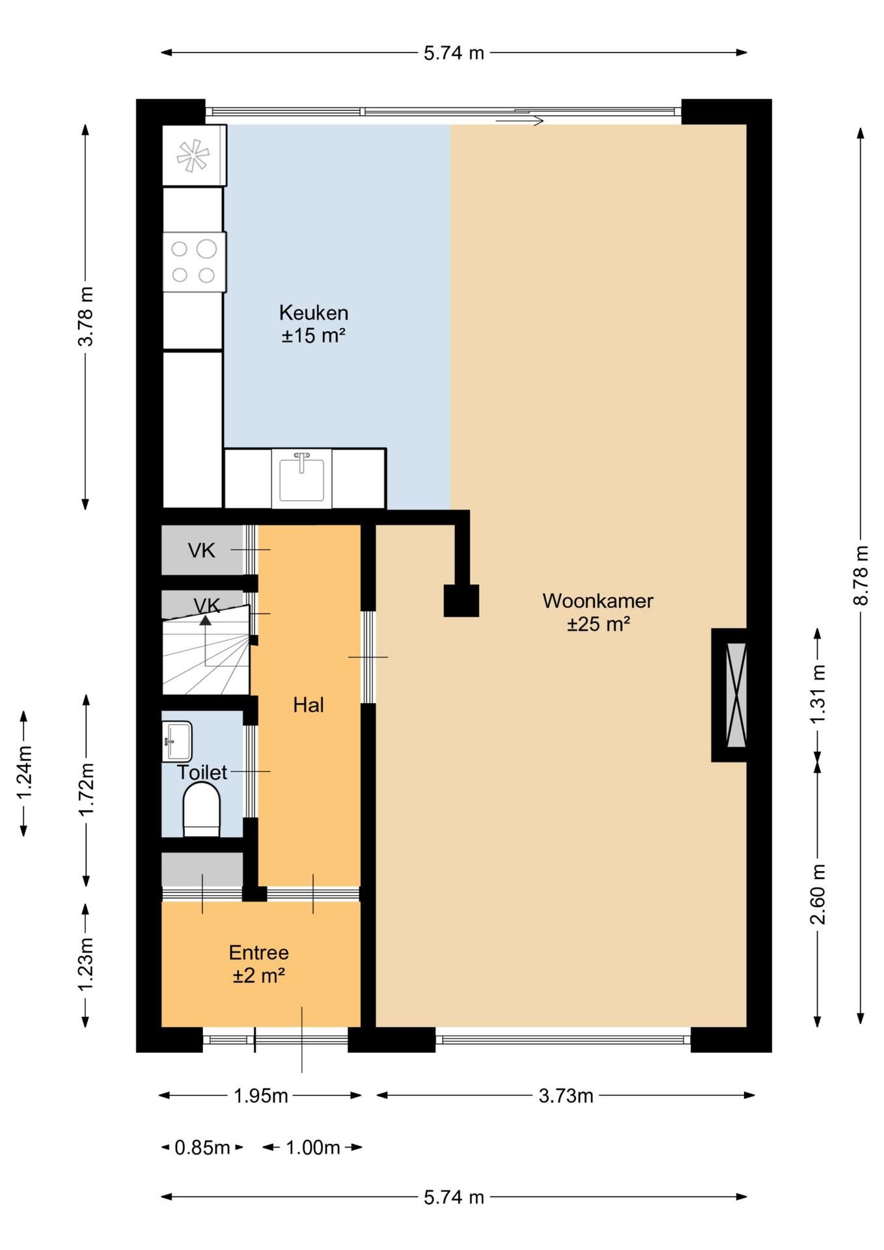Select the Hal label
(308, 704)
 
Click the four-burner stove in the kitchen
(194, 262)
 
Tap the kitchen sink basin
(301, 478)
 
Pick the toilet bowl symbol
(202, 809)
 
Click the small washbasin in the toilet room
(176, 741)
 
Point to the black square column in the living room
(462, 600)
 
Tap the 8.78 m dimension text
(861, 575)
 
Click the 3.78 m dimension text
(85, 316)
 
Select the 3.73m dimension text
(566, 1096)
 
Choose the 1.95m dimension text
(260, 1096)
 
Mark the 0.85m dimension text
(202, 1147)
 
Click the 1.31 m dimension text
(818, 694)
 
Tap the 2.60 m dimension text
(818, 894)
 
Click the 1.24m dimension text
(24, 773)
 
